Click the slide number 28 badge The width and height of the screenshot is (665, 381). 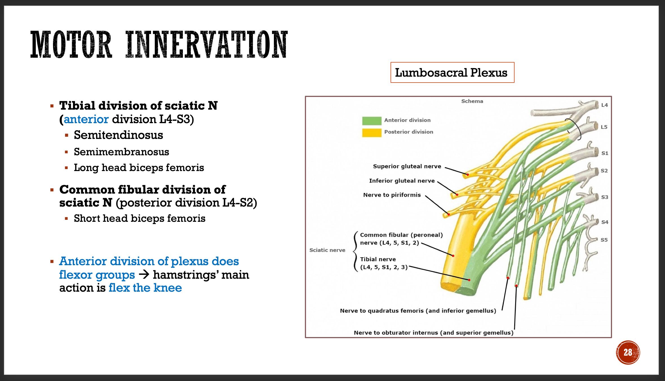[628, 352]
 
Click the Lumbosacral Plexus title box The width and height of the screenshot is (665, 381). [452, 72]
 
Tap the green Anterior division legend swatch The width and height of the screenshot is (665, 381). [371, 121]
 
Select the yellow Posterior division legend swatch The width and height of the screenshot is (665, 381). [371, 132]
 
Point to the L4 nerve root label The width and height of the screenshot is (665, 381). [604, 105]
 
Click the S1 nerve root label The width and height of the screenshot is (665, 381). [605, 153]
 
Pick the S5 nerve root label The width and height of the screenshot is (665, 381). [604, 240]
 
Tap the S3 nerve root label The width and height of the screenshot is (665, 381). [605, 197]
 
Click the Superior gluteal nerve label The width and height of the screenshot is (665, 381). [407, 166]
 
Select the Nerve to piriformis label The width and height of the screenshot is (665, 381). [392, 195]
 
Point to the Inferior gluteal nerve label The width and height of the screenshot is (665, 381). [402, 181]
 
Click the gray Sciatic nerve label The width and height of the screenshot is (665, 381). [327, 250]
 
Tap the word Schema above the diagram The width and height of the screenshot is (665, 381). [472, 101]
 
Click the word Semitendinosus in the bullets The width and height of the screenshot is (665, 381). [118, 135]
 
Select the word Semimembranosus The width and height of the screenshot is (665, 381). [121, 152]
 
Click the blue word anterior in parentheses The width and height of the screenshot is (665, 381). [86, 119]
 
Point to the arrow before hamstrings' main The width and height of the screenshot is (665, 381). [144, 274]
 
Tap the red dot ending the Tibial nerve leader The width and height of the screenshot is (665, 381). [469, 280]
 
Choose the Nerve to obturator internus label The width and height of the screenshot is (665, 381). [433, 333]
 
